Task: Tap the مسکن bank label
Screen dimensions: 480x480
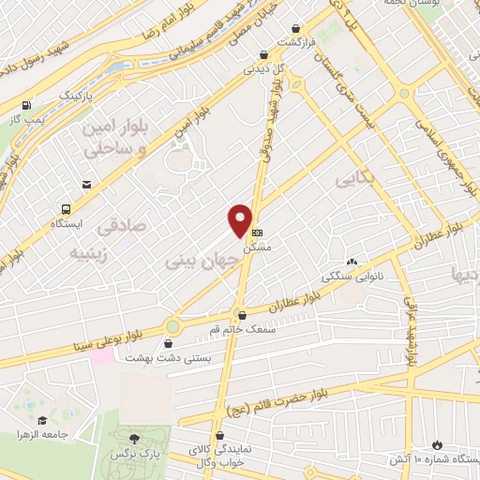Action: point(256,248)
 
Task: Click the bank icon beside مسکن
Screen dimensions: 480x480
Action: point(258,232)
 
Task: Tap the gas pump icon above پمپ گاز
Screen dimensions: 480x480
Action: point(26,105)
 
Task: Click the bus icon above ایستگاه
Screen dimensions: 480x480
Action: point(67,209)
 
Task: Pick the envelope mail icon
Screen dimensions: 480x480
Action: point(86,185)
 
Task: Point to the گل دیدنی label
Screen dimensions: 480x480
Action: point(262,68)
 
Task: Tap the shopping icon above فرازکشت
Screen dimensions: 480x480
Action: point(296,29)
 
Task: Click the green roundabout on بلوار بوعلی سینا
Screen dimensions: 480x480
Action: point(172,326)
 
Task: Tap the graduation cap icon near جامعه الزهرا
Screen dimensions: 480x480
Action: point(42,420)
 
